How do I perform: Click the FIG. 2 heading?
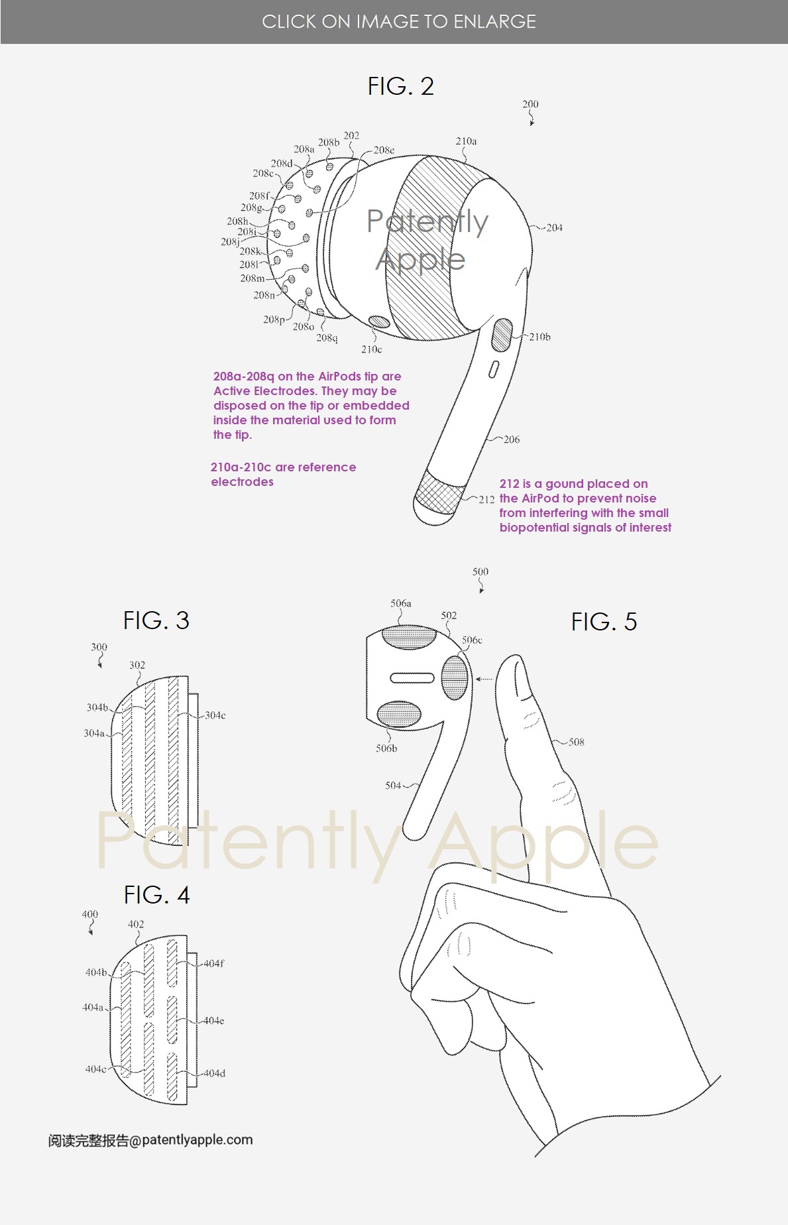(x=400, y=86)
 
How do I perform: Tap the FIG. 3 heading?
(x=156, y=620)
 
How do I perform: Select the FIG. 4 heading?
(x=157, y=895)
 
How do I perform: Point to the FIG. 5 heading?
(x=604, y=622)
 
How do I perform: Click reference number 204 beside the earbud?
(x=554, y=227)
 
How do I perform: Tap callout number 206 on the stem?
(x=512, y=439)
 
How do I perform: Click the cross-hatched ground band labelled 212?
(x=438, y=491)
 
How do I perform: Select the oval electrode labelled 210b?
(x=502, y=335)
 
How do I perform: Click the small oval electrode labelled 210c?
(x=379, y=322)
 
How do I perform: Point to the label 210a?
(x=466, y=141)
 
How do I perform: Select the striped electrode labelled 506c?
(x=455, y=677)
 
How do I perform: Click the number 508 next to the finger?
(x=577, y=742)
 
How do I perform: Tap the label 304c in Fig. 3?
(x=215, y=715)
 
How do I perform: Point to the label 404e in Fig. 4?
(x=213, y=1020)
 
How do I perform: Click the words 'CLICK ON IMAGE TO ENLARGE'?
(x=399, y=22)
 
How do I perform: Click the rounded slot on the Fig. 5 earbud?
(x=412, y=677)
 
